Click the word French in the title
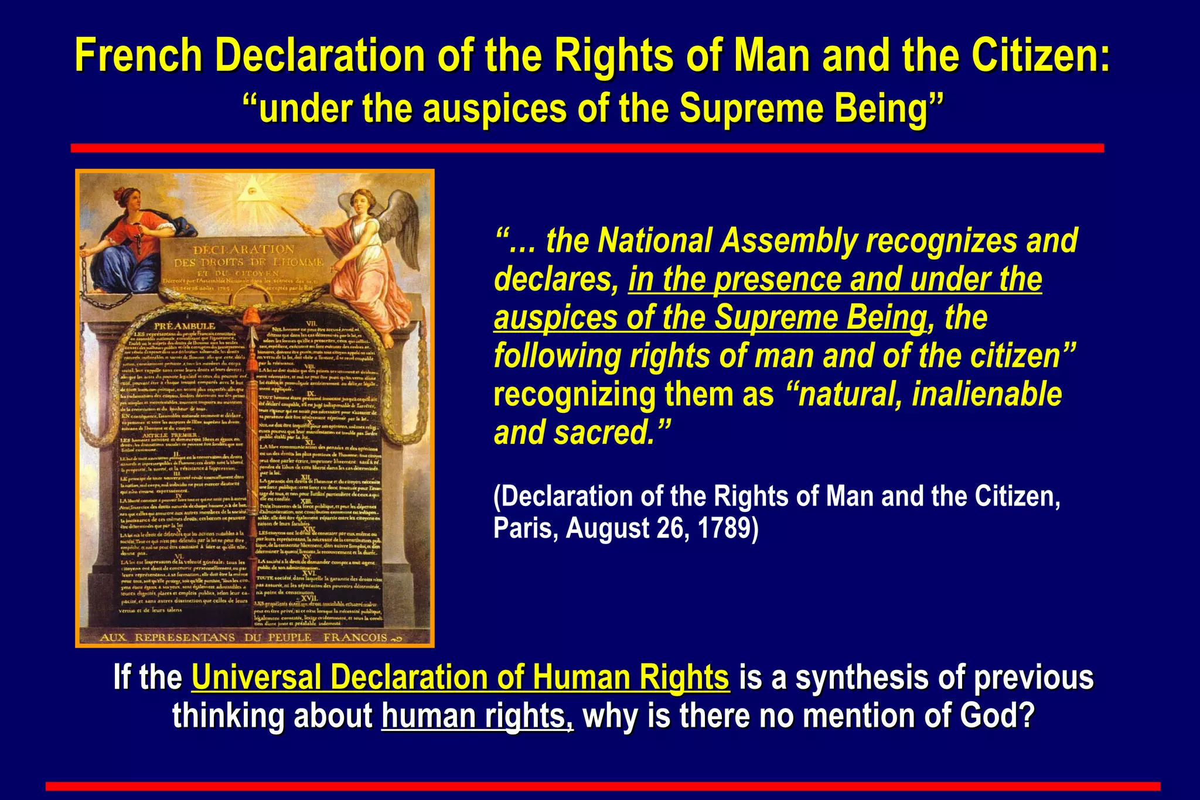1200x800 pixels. click(x=138, y=56)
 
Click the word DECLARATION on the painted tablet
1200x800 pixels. click(x=244, y=249)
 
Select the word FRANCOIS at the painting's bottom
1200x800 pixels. click(x=355, y=637)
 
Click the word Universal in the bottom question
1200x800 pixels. click(x=255, y=678)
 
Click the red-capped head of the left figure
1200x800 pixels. click(x=125, y=197)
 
